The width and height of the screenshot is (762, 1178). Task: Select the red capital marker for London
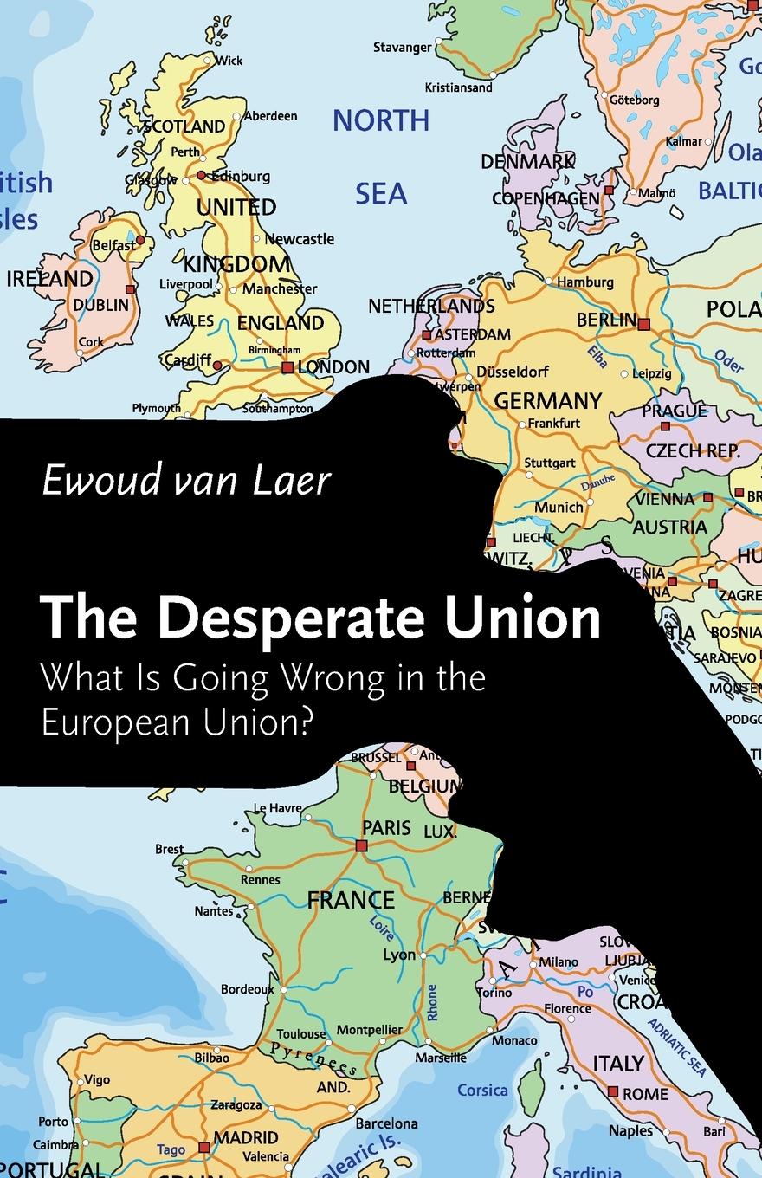(287, 367)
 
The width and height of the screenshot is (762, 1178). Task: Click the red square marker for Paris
(362, 845)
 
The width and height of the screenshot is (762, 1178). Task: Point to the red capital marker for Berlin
(643, 324)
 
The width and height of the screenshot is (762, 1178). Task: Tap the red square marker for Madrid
(204, 1148)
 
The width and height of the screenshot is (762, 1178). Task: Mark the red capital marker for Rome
(613, 1091)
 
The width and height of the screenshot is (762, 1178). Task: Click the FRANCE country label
(351, 900)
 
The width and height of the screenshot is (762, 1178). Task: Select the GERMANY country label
(547, 401)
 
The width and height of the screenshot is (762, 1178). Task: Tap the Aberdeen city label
(270, 115)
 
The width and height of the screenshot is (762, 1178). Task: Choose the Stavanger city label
(402, 48)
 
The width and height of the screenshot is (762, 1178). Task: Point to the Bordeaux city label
(247, 988)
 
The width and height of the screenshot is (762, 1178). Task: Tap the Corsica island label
(482, 1090)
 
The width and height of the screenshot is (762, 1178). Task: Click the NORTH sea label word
(381, 121)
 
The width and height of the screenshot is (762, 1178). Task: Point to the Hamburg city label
(585, 282)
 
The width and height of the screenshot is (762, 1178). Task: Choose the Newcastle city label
(299, 238)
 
